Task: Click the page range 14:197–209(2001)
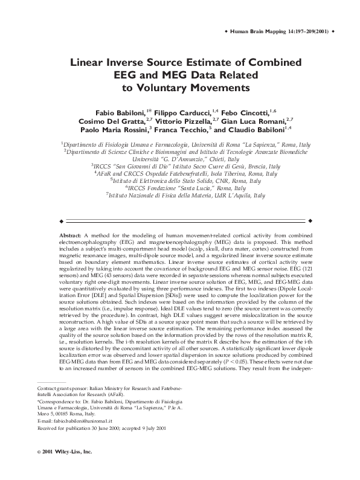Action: click(306, 31)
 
